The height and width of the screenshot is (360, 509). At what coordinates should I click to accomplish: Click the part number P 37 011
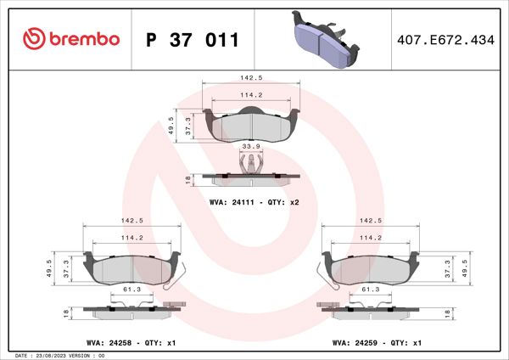click(x=193, y=40)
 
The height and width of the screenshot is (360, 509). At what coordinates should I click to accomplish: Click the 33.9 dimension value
click(x=251, y=147)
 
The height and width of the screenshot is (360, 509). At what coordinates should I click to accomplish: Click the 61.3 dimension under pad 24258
click(x=132, y=290)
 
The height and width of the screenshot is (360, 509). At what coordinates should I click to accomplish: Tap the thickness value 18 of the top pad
click(x=187, y=178)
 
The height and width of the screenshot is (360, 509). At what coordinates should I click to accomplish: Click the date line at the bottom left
click(x=59, y=355)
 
